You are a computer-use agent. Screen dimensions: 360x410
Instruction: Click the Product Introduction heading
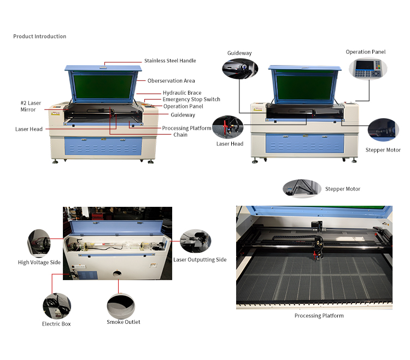coord(39,37)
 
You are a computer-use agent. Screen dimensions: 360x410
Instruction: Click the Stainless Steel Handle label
coord(170,61)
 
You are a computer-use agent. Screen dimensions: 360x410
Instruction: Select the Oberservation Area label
coord(171,81)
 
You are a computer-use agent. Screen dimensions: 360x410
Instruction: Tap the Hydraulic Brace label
coord(182,93)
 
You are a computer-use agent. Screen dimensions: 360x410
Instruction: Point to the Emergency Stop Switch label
coord(191,100)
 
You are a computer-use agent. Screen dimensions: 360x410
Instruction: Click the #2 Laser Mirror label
coord(31,106)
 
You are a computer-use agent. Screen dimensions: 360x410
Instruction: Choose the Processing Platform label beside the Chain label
coord(186,128)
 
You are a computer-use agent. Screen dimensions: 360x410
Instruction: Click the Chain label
coord(180,135)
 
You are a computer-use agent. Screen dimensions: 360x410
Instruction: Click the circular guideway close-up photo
coord(239,70)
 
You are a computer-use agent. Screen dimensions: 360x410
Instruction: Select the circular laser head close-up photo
coord(230,127)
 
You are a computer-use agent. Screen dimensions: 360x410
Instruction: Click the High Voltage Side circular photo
coord(39,243)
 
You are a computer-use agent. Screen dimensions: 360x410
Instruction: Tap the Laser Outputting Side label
coord(200,259)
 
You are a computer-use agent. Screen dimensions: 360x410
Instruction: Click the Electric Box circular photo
coord(57,306)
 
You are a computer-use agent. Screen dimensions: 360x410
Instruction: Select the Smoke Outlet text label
coord(123,322)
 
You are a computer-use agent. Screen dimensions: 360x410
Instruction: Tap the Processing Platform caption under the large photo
coord(319,316)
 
